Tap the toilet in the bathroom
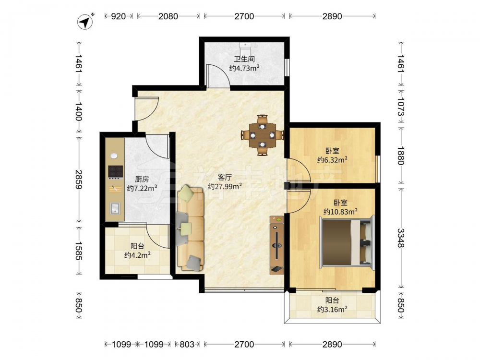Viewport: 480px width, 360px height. click(x=245, y=47)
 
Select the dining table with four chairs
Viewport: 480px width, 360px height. click(x=263, y=135)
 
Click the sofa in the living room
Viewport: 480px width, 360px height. click(x=190, y=228)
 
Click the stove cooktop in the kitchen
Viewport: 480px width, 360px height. click(x=115, y=172)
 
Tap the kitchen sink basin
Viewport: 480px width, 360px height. click(x=115, y=208)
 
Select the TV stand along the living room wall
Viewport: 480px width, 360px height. click(x=277, y=245)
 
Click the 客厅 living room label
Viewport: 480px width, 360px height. click(x=225, y=177)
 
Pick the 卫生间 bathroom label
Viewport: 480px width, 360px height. click(x=244, y=59)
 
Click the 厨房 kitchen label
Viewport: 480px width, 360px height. click(x=142, y=179)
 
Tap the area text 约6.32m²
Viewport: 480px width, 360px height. click(x=332, y=159)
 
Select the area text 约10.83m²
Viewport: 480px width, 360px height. click(x=340, y=211)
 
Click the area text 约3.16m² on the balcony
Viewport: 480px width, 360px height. click(x=332, y=309)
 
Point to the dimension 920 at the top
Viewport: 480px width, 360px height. click(x=118, y=16)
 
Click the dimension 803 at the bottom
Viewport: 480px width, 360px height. click(x=187, y=344)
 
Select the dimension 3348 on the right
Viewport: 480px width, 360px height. click(x=401, y=238)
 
